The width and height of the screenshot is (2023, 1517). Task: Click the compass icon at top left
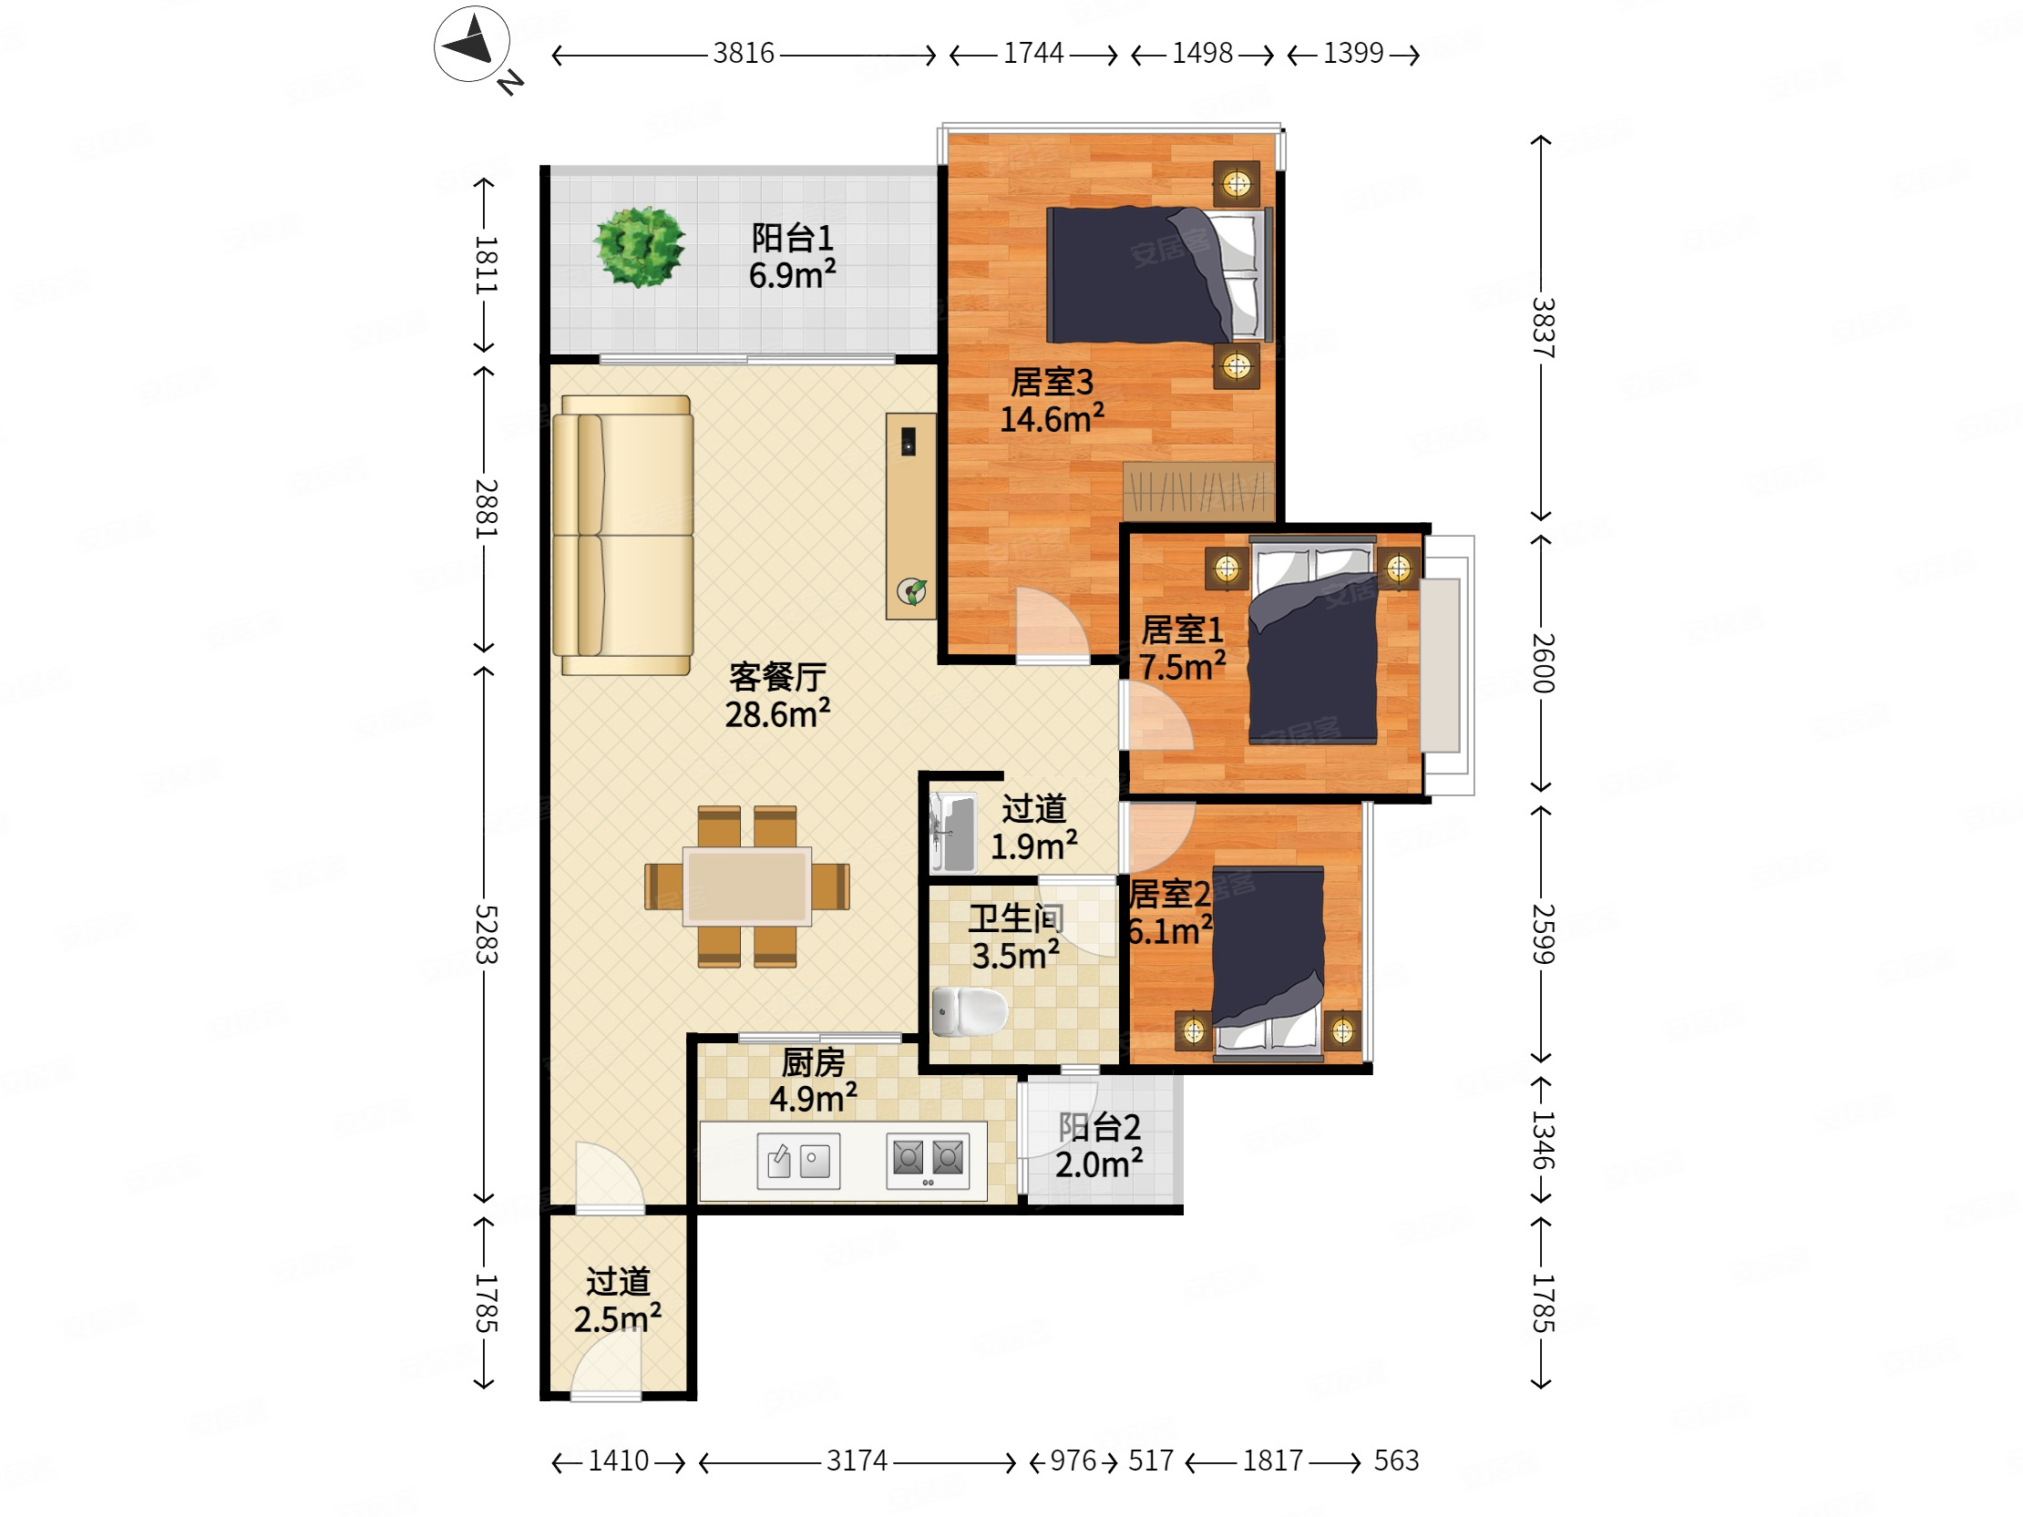pos(472,45)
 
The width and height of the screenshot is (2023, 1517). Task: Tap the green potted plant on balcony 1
pos(640,246)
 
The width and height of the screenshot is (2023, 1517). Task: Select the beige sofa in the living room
pos(622,535)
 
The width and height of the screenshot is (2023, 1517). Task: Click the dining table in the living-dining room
pos(747,887)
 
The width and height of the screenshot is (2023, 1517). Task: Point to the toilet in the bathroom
pos(969,1011)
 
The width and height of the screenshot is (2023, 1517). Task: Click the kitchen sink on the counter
pos(798,1162)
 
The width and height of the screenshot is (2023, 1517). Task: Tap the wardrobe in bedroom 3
pos(1198,491)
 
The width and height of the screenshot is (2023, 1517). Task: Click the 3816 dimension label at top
pos(744,54)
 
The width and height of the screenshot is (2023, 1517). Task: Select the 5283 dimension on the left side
pos(487,935)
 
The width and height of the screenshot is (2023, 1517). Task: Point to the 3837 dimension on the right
pos(1543,327)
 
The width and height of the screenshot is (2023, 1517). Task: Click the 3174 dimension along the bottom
pos(857,1461)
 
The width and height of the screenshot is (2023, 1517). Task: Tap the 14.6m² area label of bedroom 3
pos(1052,419)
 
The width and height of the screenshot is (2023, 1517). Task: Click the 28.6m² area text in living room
pos(777,713)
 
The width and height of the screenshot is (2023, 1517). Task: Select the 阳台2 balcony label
pos(1099,1127)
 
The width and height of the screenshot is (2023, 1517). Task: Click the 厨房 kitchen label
pos(813,1062)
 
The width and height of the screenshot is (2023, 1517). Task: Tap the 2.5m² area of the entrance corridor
pos(617,1318)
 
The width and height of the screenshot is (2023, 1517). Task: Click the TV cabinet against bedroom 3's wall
pos(911,517)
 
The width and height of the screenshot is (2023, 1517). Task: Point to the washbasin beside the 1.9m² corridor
pos(952,833)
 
